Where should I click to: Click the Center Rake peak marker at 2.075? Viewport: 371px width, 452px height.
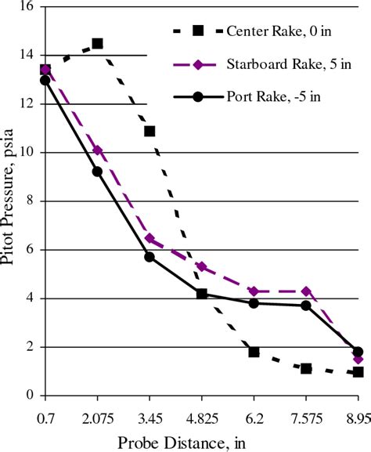click(x=97, y=43)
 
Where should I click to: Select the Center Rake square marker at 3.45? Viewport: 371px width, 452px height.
click(x=149, y=131)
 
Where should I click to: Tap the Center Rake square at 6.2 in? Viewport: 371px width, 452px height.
click(x=254, y=352)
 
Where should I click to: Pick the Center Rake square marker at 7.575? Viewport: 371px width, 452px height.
click(x=306, y=368)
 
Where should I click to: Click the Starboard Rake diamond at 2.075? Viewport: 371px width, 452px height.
click(x=97, y=150)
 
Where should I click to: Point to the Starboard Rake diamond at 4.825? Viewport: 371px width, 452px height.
click(x=202, y=266)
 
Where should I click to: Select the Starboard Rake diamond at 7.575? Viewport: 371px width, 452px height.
click(x=306, y=291)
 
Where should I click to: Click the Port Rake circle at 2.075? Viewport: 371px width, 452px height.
click(x=97, y=172)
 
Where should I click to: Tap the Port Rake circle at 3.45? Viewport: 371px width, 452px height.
click(x=149, y=257)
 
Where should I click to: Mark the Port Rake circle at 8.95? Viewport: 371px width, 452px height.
click(x=358, y=352)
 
